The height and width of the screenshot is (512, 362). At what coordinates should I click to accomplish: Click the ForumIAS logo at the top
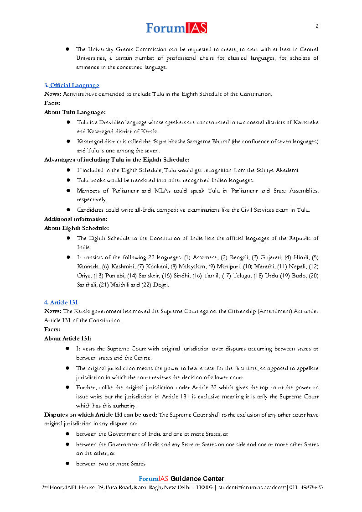point(176,28)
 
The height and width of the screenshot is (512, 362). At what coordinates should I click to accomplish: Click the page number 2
point(317,26)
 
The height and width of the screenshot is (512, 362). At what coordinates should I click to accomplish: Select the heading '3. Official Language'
point(72,85)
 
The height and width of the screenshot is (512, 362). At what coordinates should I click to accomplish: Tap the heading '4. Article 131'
point(62,303)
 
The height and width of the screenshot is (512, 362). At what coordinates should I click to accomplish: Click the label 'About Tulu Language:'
point(75,112)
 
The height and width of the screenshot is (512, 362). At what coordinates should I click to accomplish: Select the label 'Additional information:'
point(76,219)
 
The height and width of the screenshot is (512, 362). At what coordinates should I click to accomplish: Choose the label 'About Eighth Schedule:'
point(77,228)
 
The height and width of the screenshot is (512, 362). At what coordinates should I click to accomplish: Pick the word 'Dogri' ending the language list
point(161,285)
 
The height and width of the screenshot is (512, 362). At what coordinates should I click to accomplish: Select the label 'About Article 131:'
point(68,339)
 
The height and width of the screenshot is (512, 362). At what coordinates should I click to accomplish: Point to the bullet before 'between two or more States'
point(67,464)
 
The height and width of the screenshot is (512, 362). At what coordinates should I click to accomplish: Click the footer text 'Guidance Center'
point(197,479)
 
